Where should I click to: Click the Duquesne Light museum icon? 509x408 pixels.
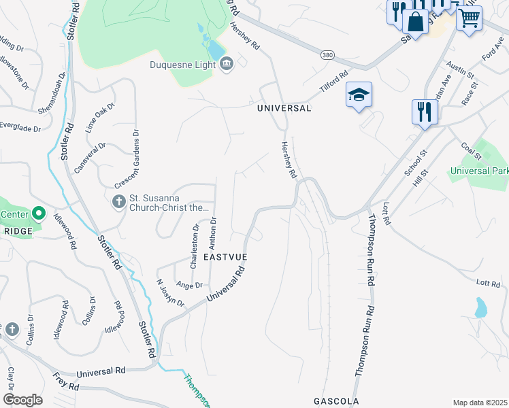(x=227, y=65)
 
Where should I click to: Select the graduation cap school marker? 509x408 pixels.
(x=359, y=95)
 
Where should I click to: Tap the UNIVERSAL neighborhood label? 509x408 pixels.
(x=284, y=108)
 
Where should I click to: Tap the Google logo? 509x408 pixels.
(x=22, y=400)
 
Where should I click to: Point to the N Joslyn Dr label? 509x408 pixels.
(x=170, y=292)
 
